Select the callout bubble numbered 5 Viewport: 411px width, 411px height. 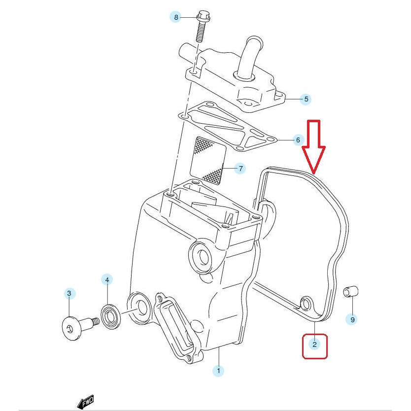(306, 99)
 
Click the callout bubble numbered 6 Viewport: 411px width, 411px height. (297, 140)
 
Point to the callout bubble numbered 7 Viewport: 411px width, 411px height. (240, 169)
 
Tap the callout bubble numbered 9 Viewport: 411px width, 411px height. (352, 319)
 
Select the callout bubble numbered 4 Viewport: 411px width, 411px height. (107, 280)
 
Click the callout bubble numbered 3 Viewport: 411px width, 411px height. (69, 294)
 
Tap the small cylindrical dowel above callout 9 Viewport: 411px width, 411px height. (349, 291)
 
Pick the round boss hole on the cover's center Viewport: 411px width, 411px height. (200, 255)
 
